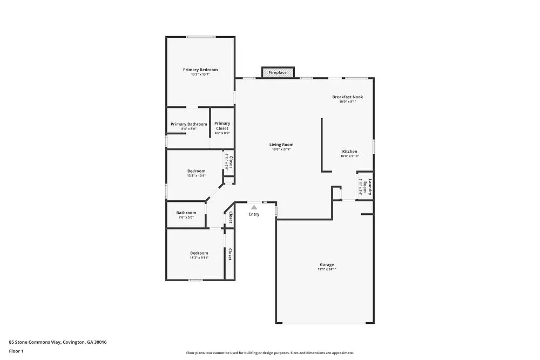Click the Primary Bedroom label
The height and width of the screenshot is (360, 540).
[x=200, y=70]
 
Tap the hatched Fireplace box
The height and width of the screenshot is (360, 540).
[x=278, y=72]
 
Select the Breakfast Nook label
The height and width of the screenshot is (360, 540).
[x=347, y=97]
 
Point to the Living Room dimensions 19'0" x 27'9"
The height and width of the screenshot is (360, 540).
[x=281, y=150]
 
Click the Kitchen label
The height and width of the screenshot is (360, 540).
[x=349, y=151]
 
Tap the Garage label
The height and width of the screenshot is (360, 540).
[x=327, y=264]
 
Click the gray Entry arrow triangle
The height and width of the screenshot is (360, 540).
[x=254, y=206]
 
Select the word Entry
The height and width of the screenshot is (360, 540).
[x=254, y=214]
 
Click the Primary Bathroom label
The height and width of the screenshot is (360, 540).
[x=188, y=124]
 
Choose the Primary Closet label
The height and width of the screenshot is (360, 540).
[x=222, y=126]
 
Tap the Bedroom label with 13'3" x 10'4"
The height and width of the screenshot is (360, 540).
[x=196, y=171]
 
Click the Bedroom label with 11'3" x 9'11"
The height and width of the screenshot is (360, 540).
[x=199, y=253]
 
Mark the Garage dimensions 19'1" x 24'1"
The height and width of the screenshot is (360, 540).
[x=327, y=269]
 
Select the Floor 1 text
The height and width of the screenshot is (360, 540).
[x=16, y=351]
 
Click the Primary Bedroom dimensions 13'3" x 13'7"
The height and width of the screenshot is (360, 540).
[x=200, y=74]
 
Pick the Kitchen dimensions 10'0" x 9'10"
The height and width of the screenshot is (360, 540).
[x=349, y=156]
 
